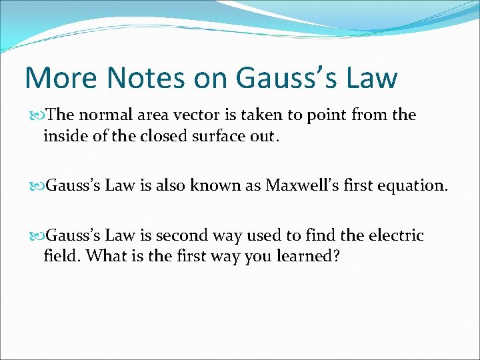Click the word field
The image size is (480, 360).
61,256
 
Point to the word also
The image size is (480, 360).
171,185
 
